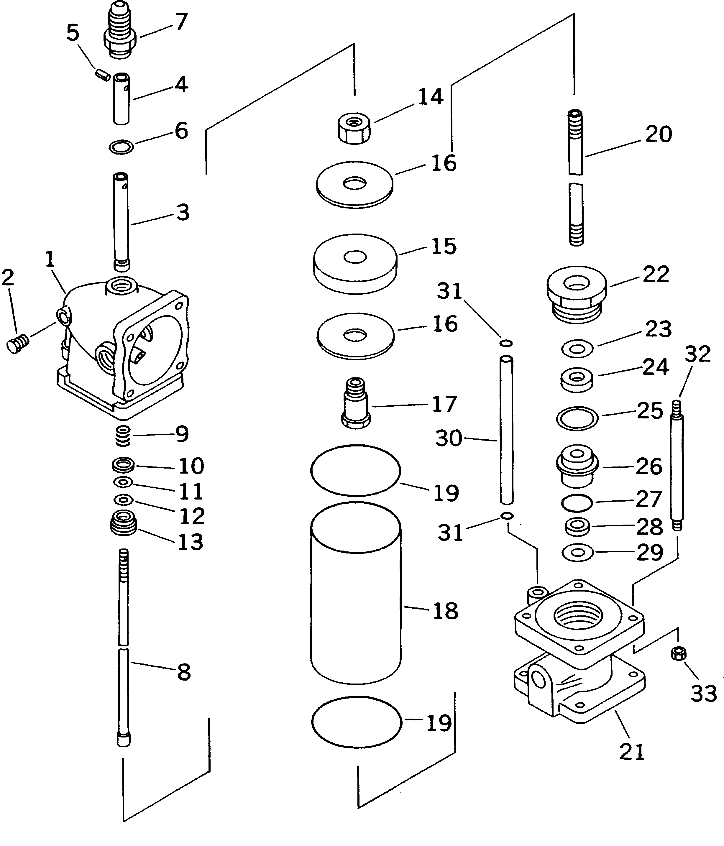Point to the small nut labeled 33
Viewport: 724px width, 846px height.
point(678,653)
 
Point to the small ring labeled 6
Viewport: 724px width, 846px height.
point(122,147)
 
